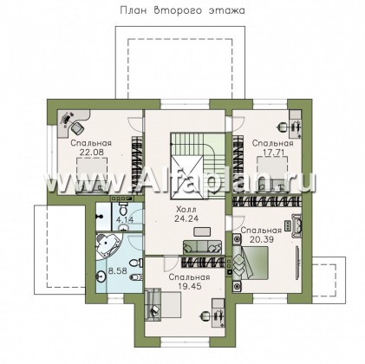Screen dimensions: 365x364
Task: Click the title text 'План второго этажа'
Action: tap(182, 10)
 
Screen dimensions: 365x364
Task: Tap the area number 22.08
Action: tap(91, 152)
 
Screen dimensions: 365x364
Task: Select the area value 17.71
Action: tap(273, 152)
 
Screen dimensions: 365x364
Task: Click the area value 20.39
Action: tap(262, 239)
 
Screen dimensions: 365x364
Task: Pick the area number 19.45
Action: tap(189, 286)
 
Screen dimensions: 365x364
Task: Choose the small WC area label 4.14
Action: tap(125, 220)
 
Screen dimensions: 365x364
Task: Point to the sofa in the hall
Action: tap(202, 247)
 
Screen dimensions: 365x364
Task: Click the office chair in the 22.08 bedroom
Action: tap(76, 127)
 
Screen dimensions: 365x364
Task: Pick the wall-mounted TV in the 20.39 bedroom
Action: tap(297, 263)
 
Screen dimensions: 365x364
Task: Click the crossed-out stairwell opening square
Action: tap(188, 177)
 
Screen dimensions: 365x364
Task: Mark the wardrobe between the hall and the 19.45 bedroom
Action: tap(203, 262)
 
